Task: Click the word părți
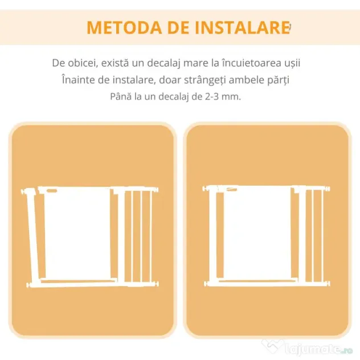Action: [278, 80]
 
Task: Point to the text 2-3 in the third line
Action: [211, 97]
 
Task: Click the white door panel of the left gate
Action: [77, 234]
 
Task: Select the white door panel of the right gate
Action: [257, 233]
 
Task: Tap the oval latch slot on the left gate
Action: [51, 190]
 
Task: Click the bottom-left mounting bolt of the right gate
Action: [207, 284]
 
